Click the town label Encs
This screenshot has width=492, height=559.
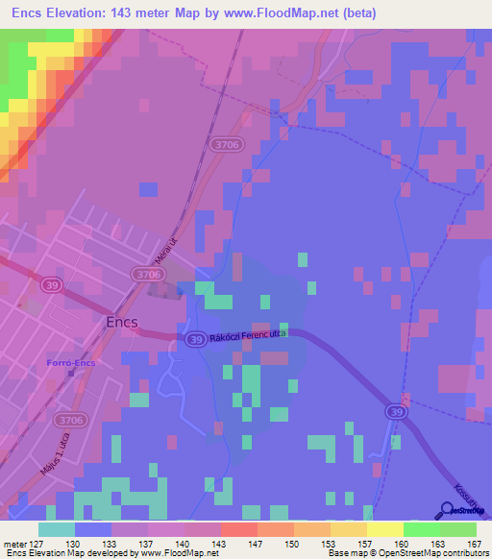coord(123,323)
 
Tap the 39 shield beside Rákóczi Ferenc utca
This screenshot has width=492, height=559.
coord(195,339)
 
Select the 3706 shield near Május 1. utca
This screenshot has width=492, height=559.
coord(69,420)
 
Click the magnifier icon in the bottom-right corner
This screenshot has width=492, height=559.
coord(449,512)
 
